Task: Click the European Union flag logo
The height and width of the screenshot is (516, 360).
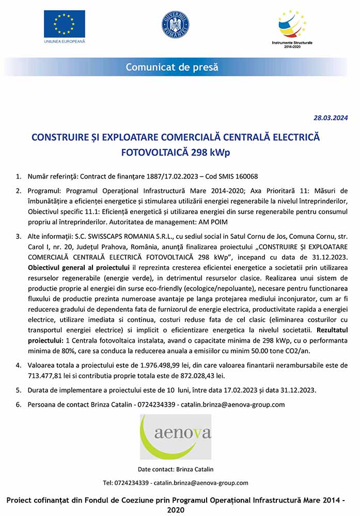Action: (65, 24)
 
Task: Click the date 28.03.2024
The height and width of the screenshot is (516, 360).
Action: (331, 118)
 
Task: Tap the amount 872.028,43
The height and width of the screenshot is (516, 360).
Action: (192, 376)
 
